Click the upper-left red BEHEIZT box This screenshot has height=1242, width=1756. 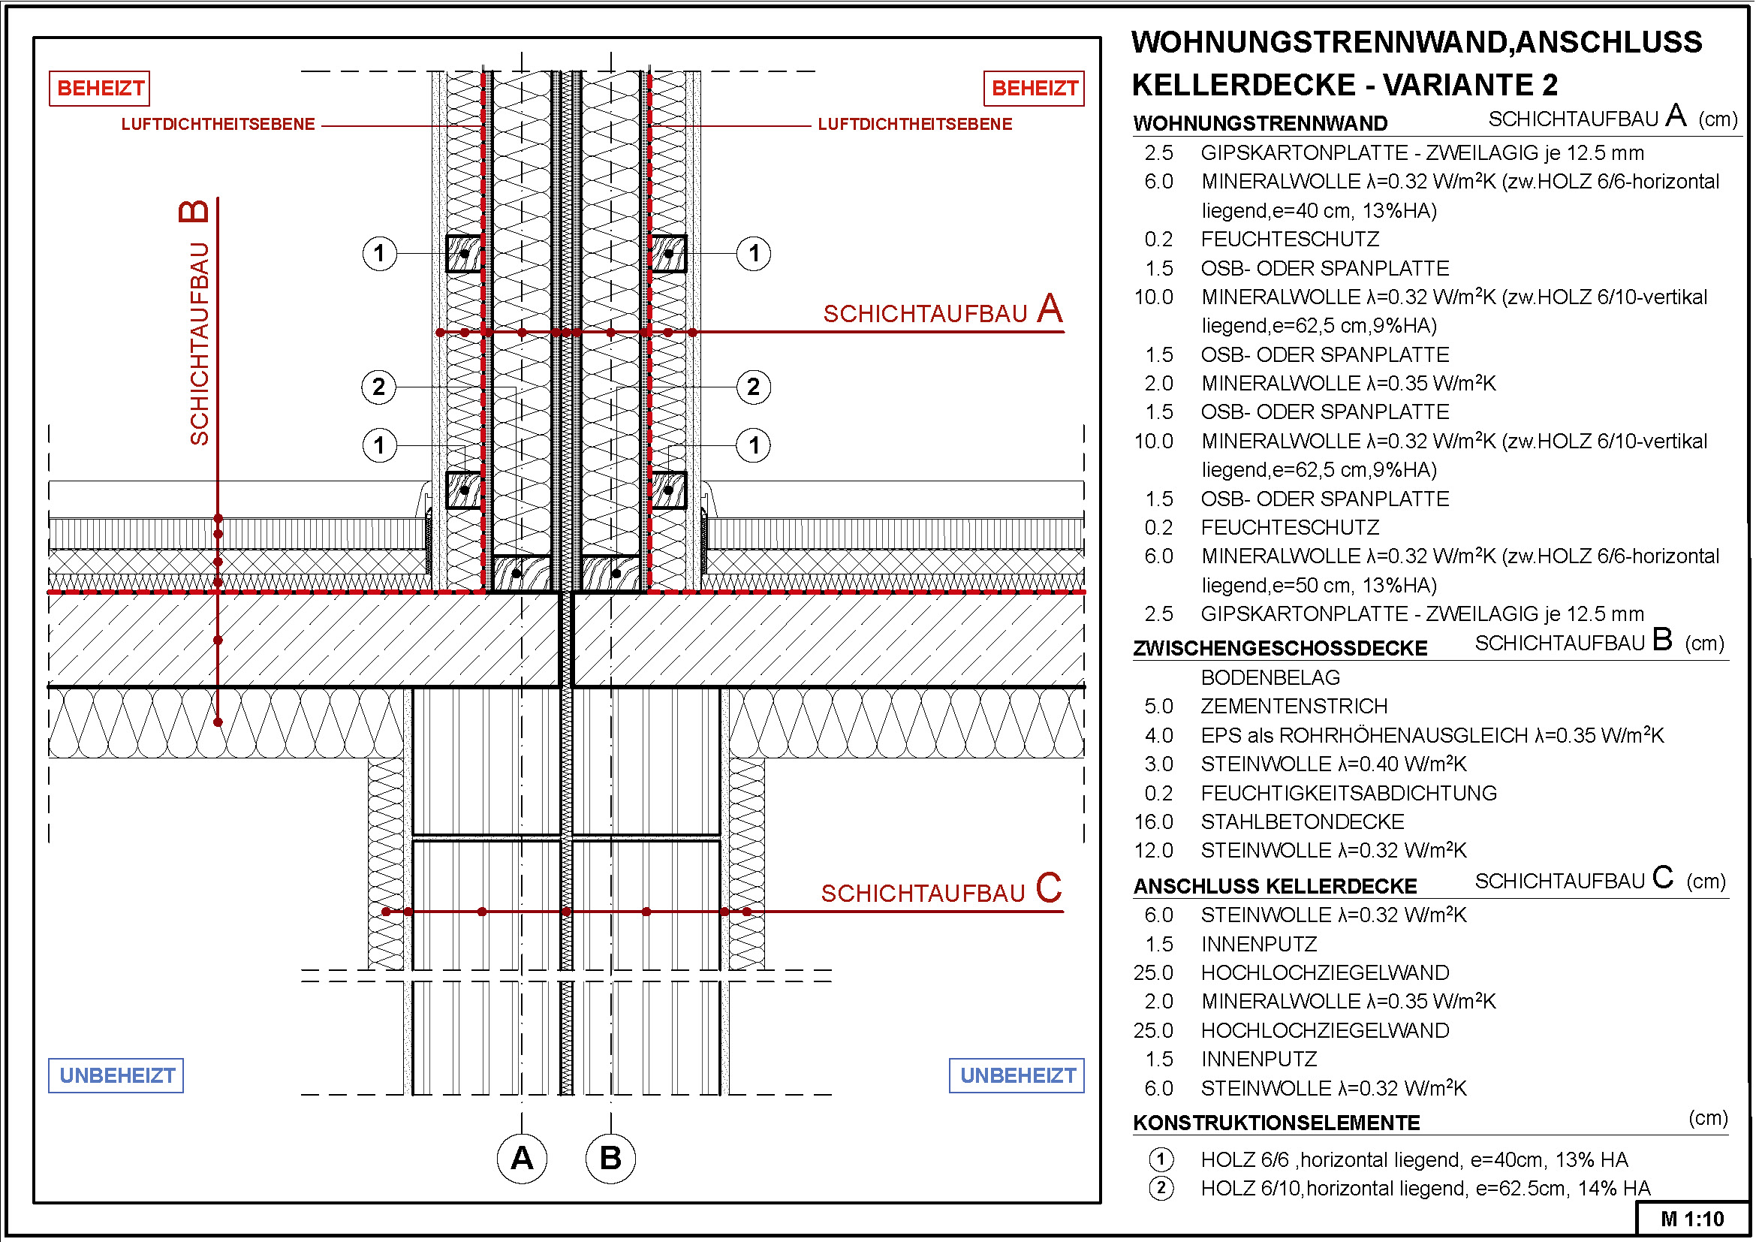tap(99, 88)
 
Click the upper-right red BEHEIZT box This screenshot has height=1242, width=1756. tap(1033, 88)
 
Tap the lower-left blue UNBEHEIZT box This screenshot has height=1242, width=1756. tap(116, 1075)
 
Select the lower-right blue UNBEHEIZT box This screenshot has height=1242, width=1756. tap(1017, 1075)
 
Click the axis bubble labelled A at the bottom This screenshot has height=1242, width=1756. tap(522, 1158)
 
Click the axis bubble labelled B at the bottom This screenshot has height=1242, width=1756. tap(610, 1158)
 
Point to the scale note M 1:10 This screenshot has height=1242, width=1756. tap(1691, 1219)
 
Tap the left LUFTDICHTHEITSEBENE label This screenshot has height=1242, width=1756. tap(218, 124)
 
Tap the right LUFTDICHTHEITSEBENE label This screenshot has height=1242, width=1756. tap(914, 124)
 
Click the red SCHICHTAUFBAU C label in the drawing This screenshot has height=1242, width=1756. tap(941, 891)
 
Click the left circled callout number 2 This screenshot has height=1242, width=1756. tap(378, 387)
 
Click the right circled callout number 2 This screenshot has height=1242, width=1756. tap(753, 387)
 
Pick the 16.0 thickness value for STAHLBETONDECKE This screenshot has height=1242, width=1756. tap(1153, 822)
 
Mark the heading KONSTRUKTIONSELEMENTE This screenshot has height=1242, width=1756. tap(1276, 1123)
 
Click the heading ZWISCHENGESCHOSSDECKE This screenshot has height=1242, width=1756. tap(1280, 649)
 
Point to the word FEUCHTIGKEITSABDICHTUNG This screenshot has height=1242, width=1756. tap(1348, 793)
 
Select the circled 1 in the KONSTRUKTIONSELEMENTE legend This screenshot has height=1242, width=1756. tap(1161, 1159)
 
